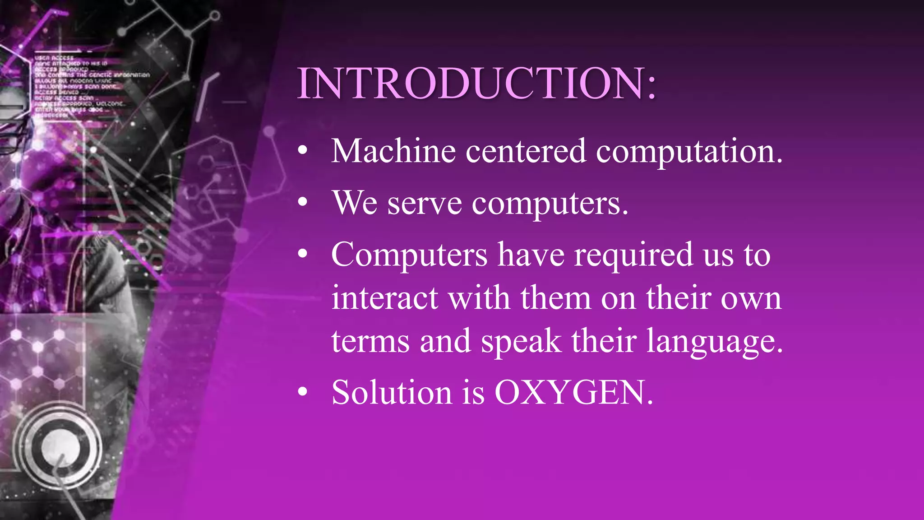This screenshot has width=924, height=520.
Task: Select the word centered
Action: coord(526,151)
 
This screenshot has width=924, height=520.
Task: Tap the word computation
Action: coord(689,152)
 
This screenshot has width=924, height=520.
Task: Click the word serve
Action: coord(424,204)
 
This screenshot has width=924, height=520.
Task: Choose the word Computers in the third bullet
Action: coord(409,255)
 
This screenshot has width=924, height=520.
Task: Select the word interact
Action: coord(384,298)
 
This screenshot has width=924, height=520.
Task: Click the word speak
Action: coord(521,342)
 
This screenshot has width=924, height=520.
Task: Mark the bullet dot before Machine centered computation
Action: coord(303,152)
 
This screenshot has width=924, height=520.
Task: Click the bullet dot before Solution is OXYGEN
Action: coord(303,392)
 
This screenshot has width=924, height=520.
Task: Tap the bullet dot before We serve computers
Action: coord(303,203)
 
